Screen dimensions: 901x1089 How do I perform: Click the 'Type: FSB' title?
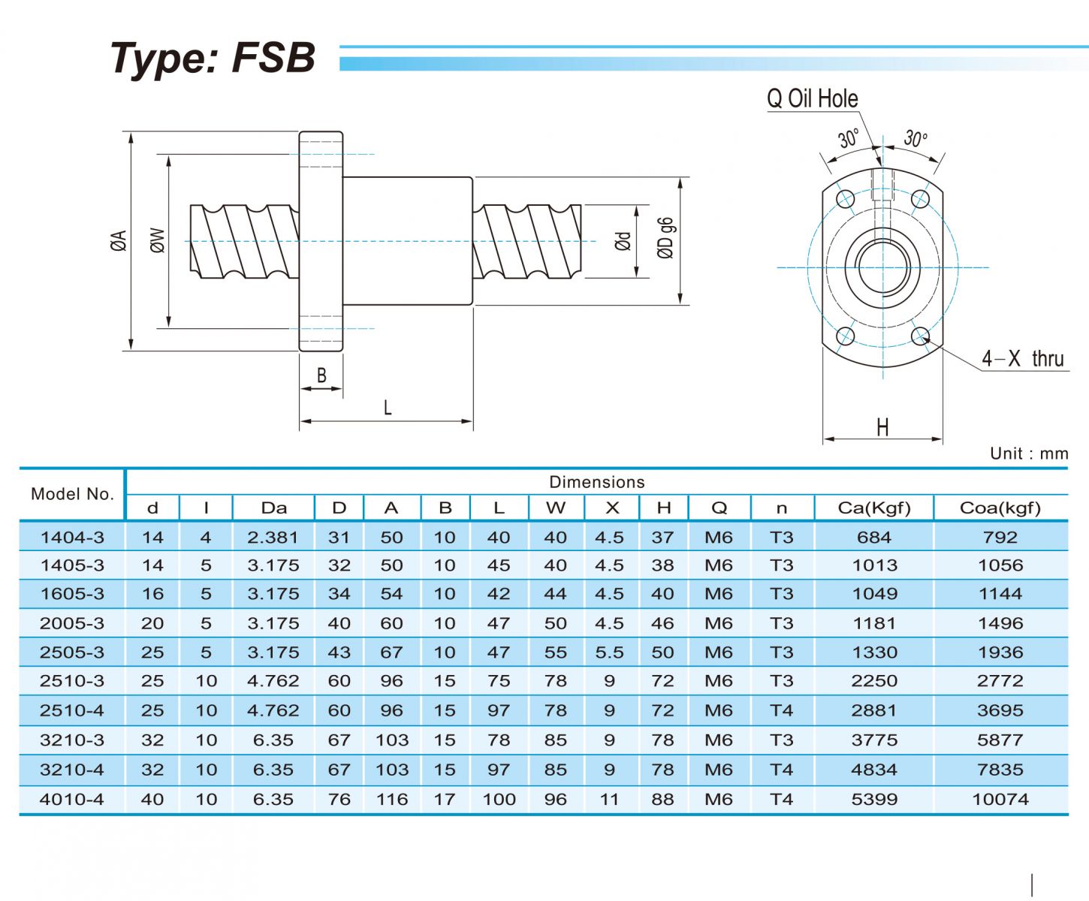click(213, 58)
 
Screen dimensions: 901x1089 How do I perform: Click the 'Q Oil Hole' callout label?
click(812, 98)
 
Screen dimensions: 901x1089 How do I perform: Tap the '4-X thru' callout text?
click(1023, 359)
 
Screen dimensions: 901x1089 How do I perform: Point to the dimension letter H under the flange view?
click(882, 427)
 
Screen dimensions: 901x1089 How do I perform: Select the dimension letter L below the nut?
click(388, 408)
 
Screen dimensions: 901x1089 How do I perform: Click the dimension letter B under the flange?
click(321, 375)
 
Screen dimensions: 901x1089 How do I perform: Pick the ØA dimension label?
click(119, 240)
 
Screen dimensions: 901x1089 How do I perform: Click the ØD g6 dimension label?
click(665, 238)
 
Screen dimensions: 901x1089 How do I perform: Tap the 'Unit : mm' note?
click(1028, 454)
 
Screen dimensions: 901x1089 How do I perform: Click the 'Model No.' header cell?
click(72, 494)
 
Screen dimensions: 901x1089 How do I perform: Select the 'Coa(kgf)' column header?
click(1000, 508)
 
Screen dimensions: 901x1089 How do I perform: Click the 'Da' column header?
click(273, 508)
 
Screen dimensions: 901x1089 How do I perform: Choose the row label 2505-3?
click(72, 652)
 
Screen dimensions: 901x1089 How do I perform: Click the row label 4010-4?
click(72, 800)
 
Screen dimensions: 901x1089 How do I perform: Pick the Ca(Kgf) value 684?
click(874, 538)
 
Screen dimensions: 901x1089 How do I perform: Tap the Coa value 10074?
click(1000, 800)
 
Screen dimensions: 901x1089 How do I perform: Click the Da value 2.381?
click(273, 538)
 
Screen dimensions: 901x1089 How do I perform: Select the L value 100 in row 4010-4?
click(499, 800)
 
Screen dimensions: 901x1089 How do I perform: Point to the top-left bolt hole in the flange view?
click(846, 199)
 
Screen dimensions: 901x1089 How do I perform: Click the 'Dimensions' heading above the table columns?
click(597, 482)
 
